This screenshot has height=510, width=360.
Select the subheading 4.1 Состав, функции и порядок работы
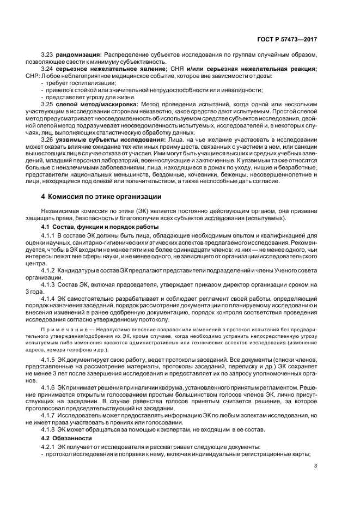[x=100, y=226]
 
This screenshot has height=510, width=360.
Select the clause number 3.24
[x=48, y=69]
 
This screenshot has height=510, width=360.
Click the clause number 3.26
[x=48, y=139]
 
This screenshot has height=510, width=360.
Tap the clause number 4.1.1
[x=50, y=235]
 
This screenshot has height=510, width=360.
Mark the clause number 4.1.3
[x=50, y=284]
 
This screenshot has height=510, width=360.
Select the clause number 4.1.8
[x=50, y=429]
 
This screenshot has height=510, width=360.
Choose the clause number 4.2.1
[x=50, y=447]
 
